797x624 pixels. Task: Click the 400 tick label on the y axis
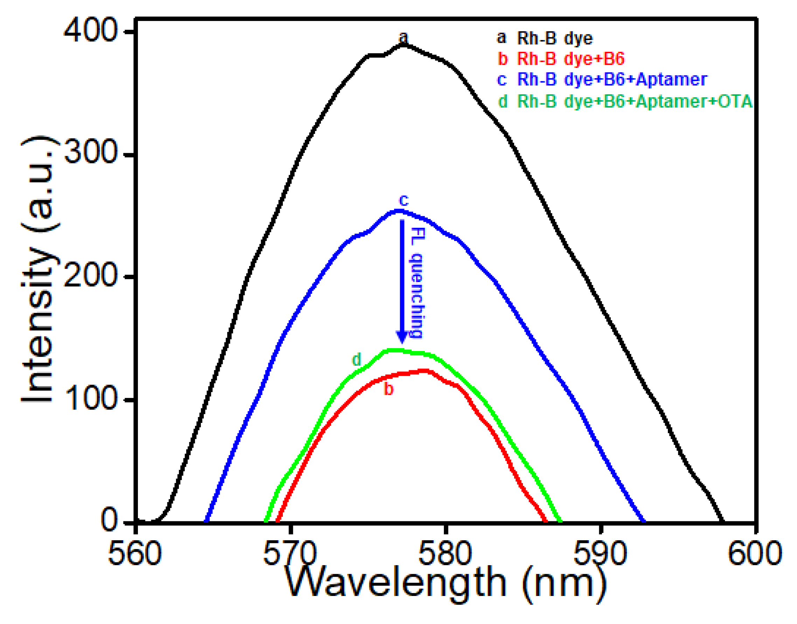pos(90,32)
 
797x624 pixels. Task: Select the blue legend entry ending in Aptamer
pos(602,80)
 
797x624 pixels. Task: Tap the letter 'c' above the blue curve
pos(404,200)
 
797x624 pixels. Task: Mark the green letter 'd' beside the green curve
pos(356,359)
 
